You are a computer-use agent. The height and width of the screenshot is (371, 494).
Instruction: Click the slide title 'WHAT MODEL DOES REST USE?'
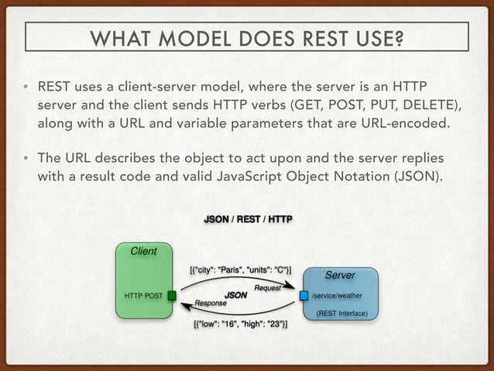pyautogui.click(x=247, y=36)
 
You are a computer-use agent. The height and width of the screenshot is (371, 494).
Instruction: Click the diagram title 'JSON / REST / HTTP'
pyautogui.click(x=247, y=218)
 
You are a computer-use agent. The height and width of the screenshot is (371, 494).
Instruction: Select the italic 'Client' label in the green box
pyautogui.click(x=142, y=251)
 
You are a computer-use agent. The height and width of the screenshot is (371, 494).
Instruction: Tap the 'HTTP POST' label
pyautogui.click(x=144, y=295)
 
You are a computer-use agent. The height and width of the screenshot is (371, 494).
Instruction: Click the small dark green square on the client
pyautogui.click(x=172, y=295)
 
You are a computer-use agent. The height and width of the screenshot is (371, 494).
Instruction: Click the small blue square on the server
pyautogui.click(x=304, y=295)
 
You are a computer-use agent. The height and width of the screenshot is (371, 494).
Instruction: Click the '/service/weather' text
pyautogui.click(x=337, y=295)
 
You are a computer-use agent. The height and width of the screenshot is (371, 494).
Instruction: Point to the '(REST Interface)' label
pyautogui.click(x=341, y=314)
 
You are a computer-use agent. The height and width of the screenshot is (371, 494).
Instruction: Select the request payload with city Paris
pyautogui.click(x=240, y=270)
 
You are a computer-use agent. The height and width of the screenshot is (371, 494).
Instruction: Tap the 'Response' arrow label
pyautogui.click(x=211, y=304)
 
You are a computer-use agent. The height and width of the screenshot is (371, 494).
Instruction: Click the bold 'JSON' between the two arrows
pyautogui.click(x=235, y=295)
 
